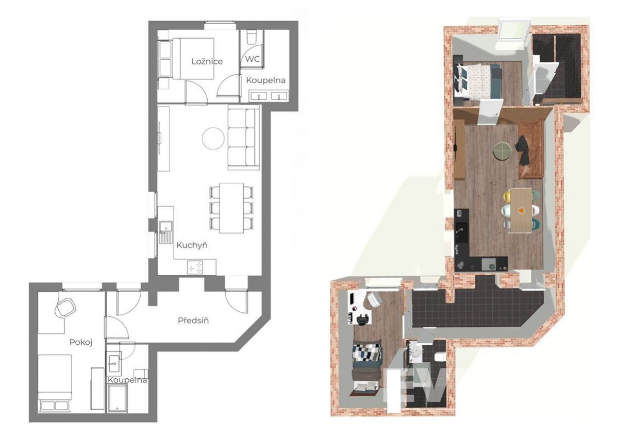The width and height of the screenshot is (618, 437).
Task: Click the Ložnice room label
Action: click(x=207, y=61)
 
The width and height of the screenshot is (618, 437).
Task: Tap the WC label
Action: click(x=253, y=59)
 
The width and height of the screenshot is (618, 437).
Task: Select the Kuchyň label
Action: click(x=192, y=245)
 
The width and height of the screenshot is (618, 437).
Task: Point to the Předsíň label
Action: click(x=193, y=321)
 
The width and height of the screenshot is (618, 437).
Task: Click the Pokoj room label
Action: click(x=81, y=342)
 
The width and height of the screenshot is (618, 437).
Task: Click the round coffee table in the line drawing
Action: click(x=213, y=138)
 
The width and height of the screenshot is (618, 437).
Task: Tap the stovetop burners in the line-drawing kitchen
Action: click(x=196, y=267)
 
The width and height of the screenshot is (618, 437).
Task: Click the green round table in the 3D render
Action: click(x=502, y=150)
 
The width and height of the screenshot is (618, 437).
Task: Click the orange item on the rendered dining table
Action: click(x=521, y=210)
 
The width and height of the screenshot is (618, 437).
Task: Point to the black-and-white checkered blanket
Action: click(x=368, y=352)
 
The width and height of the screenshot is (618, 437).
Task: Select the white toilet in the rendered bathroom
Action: click(x=439, y=357)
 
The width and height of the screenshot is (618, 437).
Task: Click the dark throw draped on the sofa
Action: click(x=523, y=150)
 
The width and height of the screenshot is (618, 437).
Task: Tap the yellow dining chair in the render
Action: click(x=507, y=196)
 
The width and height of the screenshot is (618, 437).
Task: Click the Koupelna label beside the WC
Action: click(x=265, y=80)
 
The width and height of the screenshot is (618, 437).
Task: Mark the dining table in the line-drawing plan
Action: click(x=231, y=208)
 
